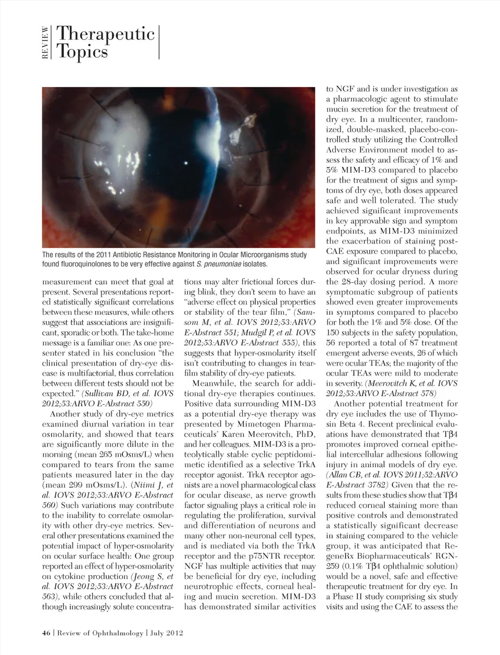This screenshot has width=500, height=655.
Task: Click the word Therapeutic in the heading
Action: [x=105, y=34]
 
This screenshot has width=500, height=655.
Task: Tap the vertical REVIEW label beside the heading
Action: [x=46, y=43]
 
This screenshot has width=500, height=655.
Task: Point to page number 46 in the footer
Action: [x=46, y=633]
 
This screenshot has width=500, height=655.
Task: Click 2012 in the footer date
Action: [x=173, y=633]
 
